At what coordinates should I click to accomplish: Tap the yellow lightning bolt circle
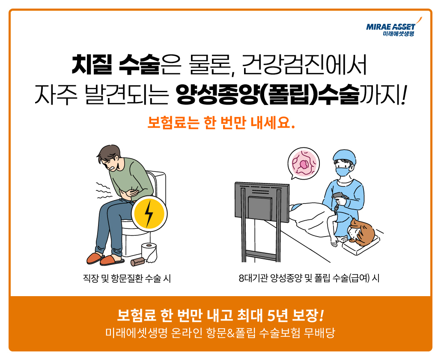149,213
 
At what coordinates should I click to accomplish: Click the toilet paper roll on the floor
149,252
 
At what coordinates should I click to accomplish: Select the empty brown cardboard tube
137,262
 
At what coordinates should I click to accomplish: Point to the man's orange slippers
105,259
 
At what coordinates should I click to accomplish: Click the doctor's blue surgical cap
344,156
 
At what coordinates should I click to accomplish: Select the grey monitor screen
262,202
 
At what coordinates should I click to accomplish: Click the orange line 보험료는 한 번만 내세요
221,123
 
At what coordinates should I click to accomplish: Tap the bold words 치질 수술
116,64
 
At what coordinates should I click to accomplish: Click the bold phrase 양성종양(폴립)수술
268,95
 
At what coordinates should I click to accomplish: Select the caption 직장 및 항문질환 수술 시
127,279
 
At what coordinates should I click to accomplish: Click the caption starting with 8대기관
309,279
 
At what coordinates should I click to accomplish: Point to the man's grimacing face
111,162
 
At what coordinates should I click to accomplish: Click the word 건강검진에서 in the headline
304,64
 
